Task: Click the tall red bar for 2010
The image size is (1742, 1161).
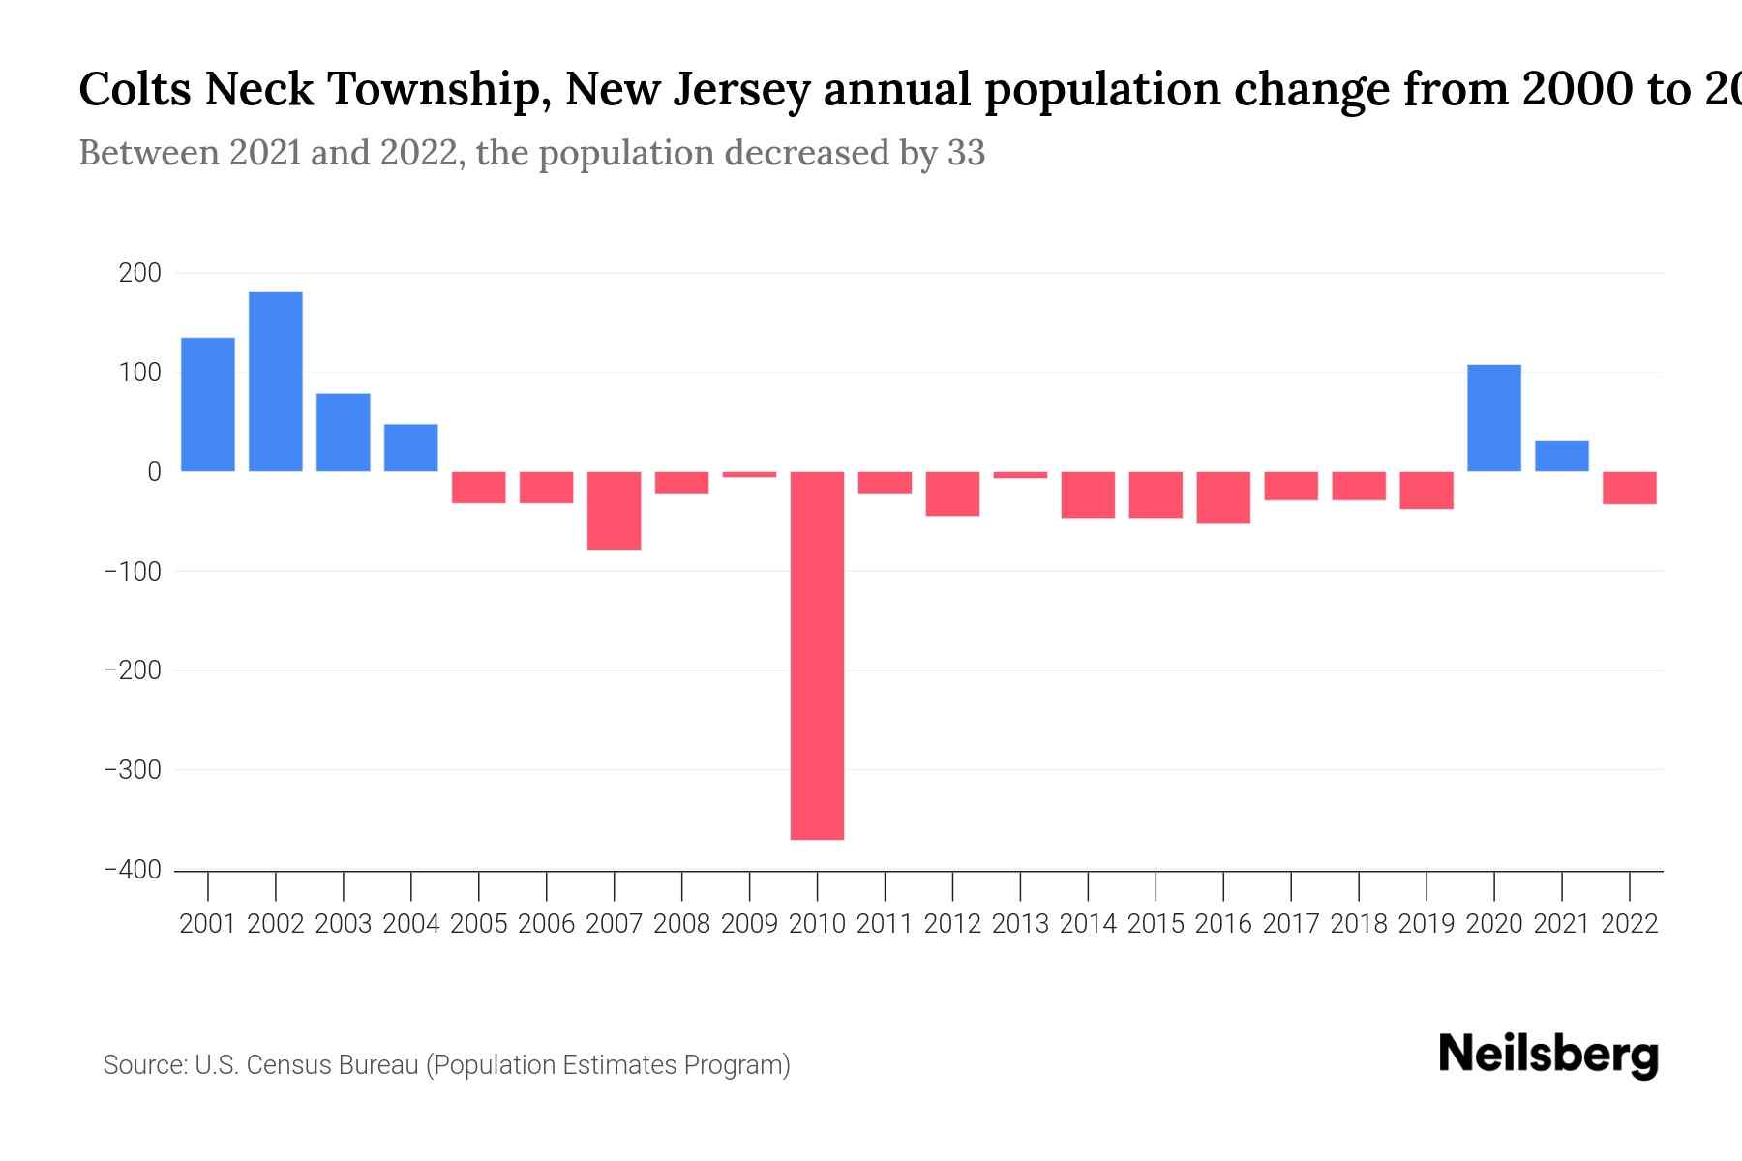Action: (817, 655)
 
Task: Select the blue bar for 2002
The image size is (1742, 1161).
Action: (276, 381)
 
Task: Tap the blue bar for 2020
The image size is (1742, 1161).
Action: (1493, 418)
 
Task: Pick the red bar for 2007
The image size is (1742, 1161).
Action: (614, 511)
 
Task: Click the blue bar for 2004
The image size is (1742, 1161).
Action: (410, 448)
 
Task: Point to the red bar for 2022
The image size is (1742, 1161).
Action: (1629, 488)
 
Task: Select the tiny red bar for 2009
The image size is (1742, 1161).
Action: (749, 474)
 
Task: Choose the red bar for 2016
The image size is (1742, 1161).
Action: (1223, 497)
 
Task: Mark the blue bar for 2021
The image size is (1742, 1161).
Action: (1561, 457)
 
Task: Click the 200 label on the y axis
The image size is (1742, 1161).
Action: (140, 273)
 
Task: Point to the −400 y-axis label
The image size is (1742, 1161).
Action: (133, 870)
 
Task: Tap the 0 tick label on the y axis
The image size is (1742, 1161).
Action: (154, 472)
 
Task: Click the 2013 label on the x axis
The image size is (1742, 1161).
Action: (1020, 924)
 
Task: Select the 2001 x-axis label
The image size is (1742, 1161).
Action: (208, 924)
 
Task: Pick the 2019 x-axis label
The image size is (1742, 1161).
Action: (1427, 924)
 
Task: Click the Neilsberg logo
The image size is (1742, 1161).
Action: (1547, 1056)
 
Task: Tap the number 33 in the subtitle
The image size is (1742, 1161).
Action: (966, 153)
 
